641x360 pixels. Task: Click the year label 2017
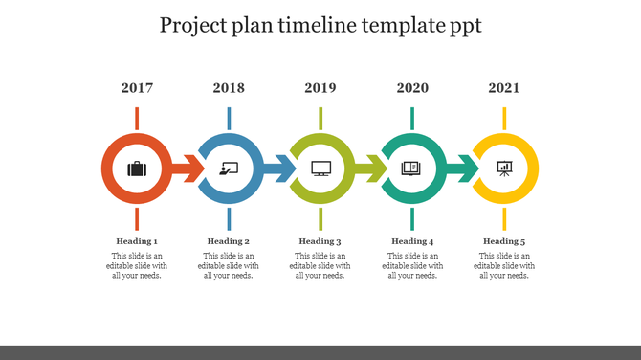[x=137, y=88]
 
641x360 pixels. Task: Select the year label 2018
[x=229, y=88]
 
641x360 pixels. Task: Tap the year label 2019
[x=320, y=88]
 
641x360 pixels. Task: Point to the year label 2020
[x=412, y=88]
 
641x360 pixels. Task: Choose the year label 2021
[x=504, y=88]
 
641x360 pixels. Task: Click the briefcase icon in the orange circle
[x=137, y=169]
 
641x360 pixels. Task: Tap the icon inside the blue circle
[x=229, y=169]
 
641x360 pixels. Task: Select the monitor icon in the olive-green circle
[x=320, y=169]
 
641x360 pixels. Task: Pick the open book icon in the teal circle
[x=411, y=169]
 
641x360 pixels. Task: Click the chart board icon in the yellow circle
[x=504, y=169]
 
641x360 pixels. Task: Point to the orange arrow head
[x=194, y=169]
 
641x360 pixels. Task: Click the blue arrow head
[x=286, y=169]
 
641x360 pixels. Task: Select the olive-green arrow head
[x=378, y=169]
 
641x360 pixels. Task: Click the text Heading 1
[x=137, y=241]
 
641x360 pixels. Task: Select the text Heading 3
[x=320, y=241]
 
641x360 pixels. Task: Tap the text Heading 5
[x=504, y=241]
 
